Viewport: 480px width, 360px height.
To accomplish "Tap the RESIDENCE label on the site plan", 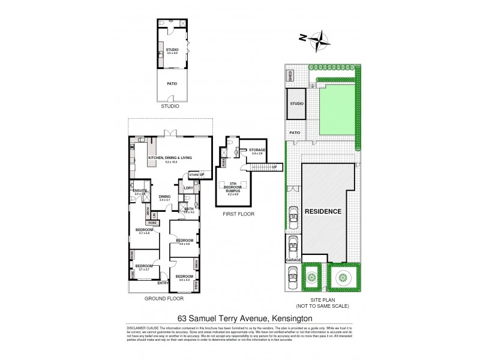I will point(322,212).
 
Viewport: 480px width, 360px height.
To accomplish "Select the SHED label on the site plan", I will point(290,76).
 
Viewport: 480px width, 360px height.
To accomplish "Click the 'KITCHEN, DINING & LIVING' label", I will point(170,158).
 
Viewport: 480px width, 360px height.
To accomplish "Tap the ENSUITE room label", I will point(140,190).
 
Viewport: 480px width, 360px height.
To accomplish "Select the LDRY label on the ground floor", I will point(188,188).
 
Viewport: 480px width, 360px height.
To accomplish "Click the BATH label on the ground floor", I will point(188,209).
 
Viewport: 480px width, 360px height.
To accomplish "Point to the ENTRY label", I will point(163,283).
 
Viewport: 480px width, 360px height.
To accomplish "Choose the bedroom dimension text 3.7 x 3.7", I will point(143,270).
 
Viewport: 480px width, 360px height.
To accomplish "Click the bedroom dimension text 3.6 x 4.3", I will point(184,280).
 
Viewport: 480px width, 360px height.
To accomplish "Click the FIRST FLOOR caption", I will point(238,214).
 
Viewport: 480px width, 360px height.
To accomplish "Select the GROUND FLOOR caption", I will point(164,298).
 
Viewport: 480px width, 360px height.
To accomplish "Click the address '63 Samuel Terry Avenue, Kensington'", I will point(239,319).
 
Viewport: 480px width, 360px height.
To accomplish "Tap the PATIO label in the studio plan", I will point(172,84).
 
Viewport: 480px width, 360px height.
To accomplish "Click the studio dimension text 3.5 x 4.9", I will point(172,53).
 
